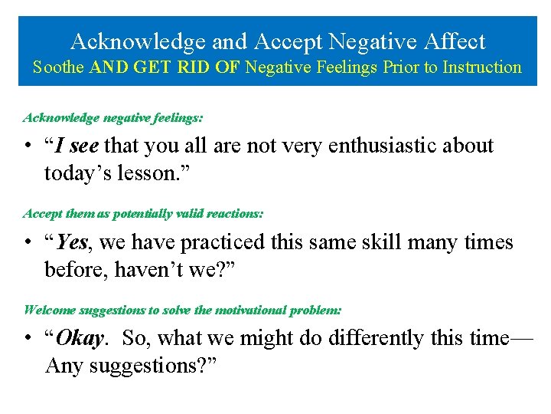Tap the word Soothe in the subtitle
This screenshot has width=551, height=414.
58,67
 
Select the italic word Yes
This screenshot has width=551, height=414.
73,242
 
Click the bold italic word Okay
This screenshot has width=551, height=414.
80,338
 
